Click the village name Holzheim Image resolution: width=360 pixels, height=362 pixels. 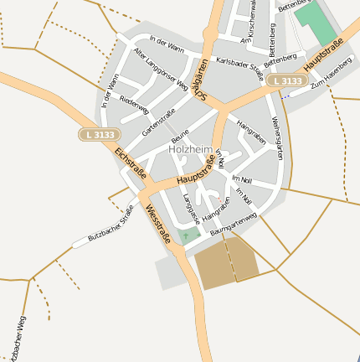[190, 149]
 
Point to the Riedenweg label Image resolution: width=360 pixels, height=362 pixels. [134, 105]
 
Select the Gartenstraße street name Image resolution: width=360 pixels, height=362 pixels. [158, 121]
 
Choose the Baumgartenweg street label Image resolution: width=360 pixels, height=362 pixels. [234, 223]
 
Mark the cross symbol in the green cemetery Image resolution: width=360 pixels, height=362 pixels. [186, 235]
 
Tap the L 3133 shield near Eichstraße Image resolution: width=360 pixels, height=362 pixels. [100, 134]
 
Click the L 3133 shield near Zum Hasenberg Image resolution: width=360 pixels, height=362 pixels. [286, 80]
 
